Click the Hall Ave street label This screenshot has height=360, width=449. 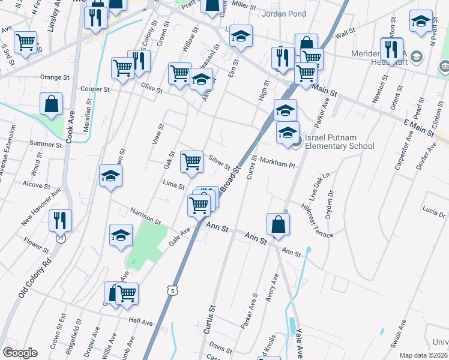tap(141, 322)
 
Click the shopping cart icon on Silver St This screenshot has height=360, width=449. tap(191, 161)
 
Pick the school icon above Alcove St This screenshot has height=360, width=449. tap(110, 176)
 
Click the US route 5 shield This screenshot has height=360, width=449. tap(173, 291)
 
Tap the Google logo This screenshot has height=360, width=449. tap(20, 353)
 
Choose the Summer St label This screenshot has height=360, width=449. tap(42, 144)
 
